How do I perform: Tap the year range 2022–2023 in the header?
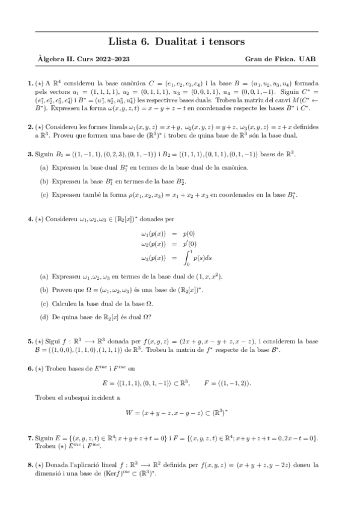[111, 59]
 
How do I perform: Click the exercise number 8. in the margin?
[31, 464]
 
